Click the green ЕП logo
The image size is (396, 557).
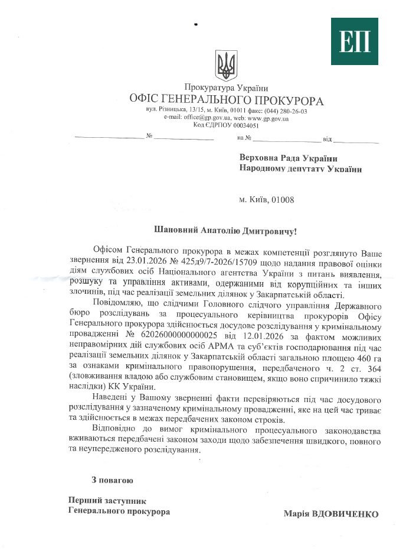pyautogui.click(x=354, y=41)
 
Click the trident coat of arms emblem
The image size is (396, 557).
pyautogui.click(x=226, y=64)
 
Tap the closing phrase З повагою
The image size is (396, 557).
pyautogui.click(x=112, y=480)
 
